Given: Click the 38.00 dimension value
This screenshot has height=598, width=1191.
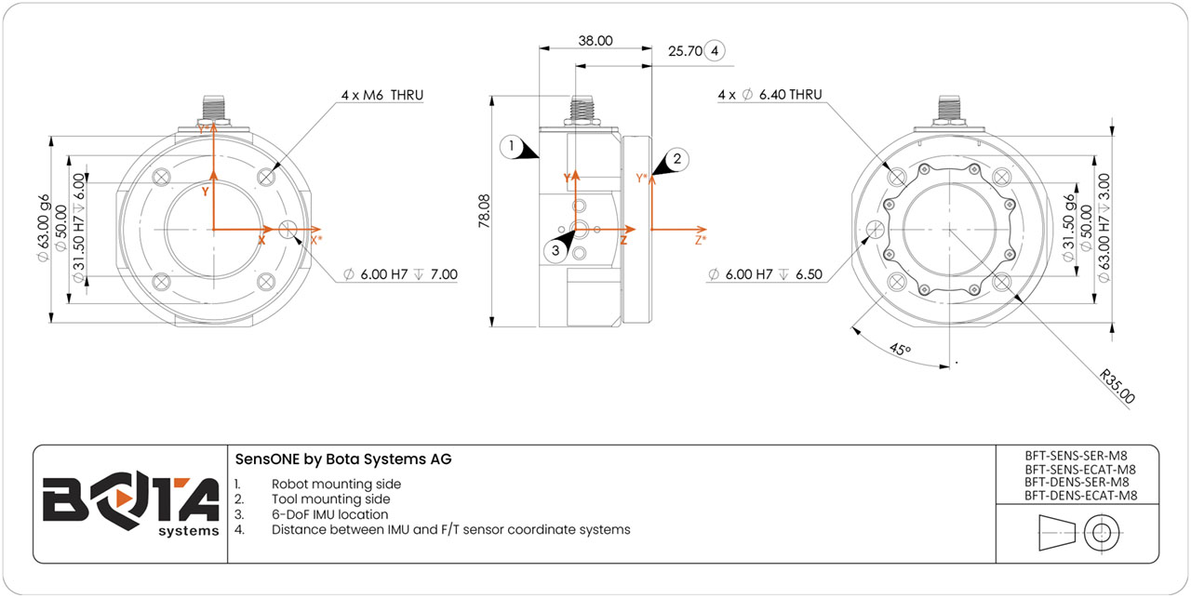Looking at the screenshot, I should point(595,40).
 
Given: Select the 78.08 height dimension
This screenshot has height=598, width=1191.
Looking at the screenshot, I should point(484,210).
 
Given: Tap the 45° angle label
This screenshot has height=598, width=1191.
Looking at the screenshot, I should point(900,350).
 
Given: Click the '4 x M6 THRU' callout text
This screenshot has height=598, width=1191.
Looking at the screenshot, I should point(382,95).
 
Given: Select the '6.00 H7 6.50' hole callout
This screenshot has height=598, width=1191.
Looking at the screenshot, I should point(762,274).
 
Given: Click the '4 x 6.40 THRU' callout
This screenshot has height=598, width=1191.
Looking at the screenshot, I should point(769,95).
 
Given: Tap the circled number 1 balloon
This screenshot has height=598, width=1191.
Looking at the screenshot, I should point(510,146).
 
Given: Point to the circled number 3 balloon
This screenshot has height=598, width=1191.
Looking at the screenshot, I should point(555,249).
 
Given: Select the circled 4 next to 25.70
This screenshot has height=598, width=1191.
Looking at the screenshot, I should point(715,51).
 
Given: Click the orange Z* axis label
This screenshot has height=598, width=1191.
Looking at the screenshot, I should point(700,240).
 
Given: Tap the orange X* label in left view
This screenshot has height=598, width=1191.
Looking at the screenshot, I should point(316,239).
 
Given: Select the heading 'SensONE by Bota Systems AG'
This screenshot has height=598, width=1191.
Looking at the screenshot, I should point(343,459).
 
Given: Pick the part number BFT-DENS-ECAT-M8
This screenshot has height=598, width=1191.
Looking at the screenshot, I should point(1079,496).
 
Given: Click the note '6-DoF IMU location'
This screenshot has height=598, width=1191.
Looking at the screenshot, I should point(329,514).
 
